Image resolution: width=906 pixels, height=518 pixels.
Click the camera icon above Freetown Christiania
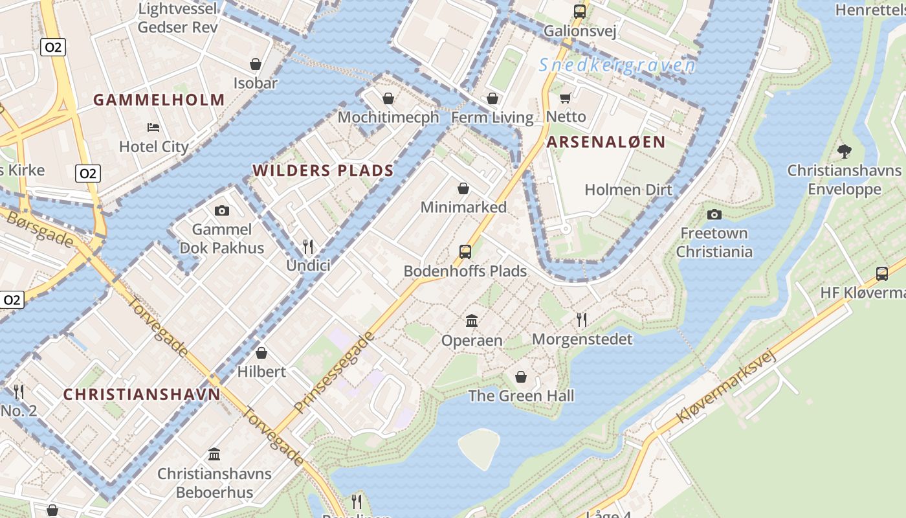click(714, 214)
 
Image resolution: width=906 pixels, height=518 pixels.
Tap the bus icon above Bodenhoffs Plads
click(465, 252)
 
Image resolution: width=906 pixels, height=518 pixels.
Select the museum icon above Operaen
click(472, 321)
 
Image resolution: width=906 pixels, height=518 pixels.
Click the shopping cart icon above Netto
click(565, 98)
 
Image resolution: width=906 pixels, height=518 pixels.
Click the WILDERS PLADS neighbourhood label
click(323, 171)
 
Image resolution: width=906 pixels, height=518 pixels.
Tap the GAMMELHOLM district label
click(159, 100)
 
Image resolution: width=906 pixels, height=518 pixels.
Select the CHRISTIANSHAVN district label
click(142, 394)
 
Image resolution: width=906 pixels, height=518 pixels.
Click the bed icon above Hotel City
click(153, 127)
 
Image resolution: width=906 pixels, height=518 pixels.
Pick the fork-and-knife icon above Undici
click(308, 246)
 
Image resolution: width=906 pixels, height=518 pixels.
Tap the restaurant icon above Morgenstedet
click(582, 319)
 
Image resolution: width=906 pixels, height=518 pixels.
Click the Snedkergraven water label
click(617, 65)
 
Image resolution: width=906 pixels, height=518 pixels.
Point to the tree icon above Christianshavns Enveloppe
click(844, 152)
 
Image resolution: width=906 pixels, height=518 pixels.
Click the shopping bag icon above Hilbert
click(261, 353)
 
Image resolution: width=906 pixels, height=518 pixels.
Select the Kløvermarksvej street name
click(725, 387)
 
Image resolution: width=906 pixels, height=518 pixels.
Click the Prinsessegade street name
click(334, 373)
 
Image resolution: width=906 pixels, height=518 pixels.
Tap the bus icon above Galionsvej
click(579, 11)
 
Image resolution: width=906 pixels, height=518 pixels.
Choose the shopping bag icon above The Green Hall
click(521, 376)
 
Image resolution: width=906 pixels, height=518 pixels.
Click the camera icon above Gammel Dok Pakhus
click(221, 210)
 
